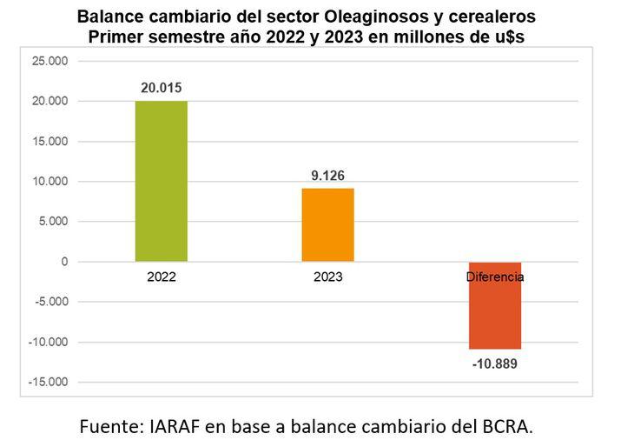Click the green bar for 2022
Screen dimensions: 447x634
[161, 181]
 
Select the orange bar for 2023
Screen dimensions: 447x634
[327, 224]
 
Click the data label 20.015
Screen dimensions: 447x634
[162, 88]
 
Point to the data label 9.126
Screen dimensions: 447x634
[327, 176]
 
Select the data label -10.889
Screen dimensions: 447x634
[495, 364]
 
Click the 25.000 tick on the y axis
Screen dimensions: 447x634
[49, 61]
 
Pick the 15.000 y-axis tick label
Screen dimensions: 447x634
[49, 141]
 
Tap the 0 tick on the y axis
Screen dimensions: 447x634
[64, 262]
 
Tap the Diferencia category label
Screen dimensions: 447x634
[494, 277]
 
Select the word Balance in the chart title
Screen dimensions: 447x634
[107, 17]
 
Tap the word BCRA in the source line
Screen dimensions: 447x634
[504, 426]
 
